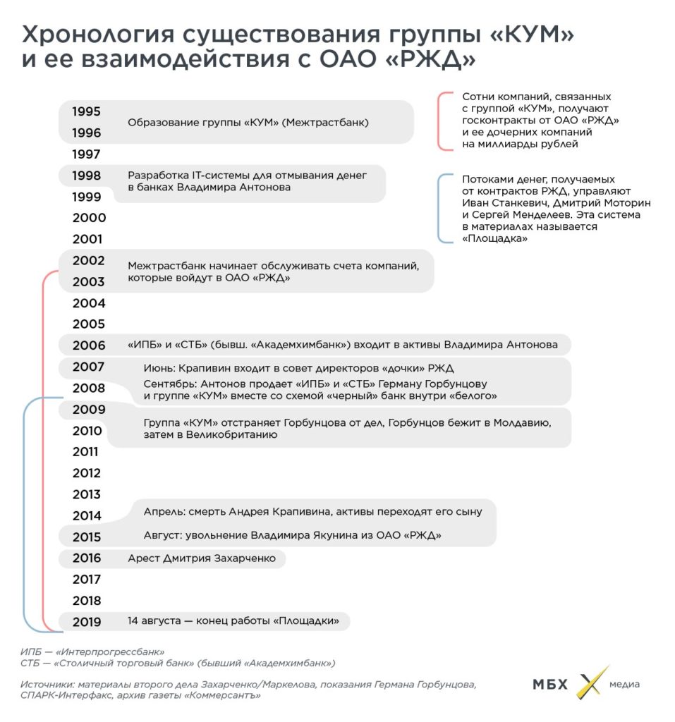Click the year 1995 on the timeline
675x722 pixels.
tap(87, 111)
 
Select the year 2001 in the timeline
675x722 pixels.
tap(87, 239)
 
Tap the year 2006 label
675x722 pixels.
tap(89, 345)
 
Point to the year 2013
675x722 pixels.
tap(87, 494)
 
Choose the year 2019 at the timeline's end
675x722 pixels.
tap(87, 622)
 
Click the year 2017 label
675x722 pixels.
tap(87, 580)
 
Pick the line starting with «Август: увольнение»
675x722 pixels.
tap(292, 536)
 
